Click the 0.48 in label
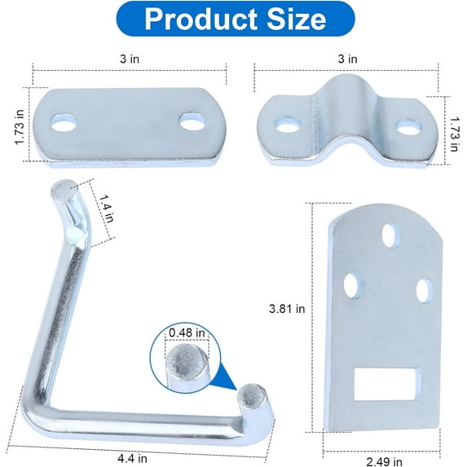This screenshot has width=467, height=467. tap(187, 332)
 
